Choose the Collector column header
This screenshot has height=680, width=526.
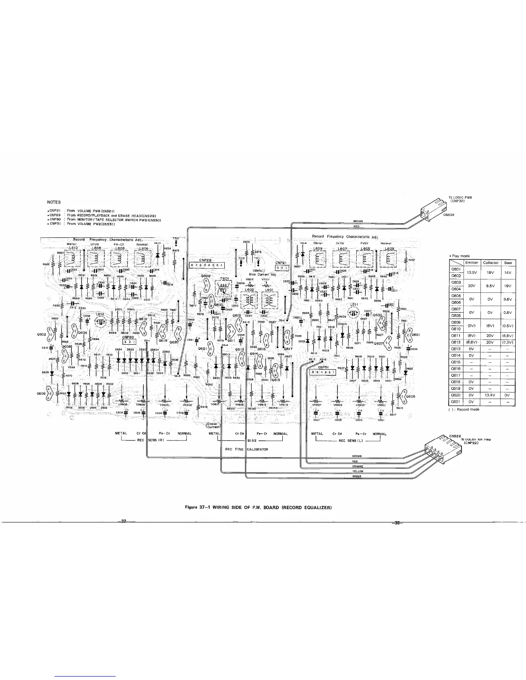tap(491, 263)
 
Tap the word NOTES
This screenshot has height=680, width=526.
tap(54, 202)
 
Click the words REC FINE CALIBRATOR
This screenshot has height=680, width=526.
tap(247, 449)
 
